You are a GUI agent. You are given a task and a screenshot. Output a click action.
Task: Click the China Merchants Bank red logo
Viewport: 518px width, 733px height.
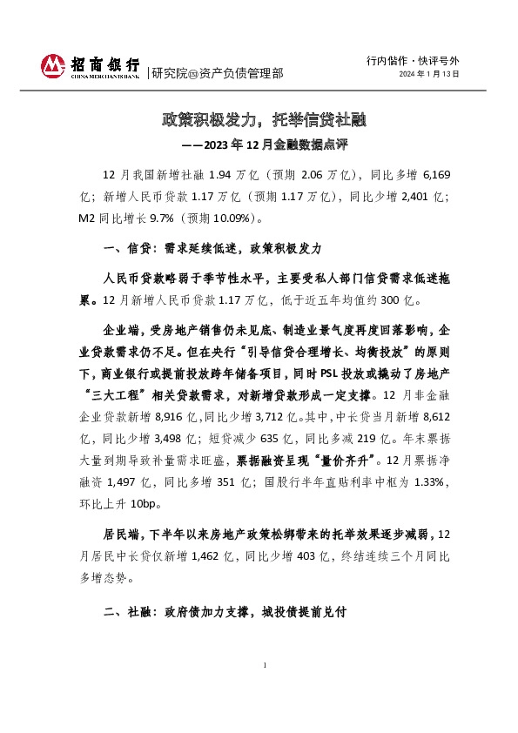pyautogui.click(x=52, y=64)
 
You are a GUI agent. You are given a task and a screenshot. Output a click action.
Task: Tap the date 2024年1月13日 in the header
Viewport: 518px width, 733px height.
pyautogui.click(x=429, y=74)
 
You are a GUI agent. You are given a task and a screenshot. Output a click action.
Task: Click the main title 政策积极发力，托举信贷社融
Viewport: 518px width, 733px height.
pyautogui.click(x=258, y=118)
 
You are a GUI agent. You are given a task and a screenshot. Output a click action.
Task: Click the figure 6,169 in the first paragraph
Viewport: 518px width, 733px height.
pyautogui.click(x=434, y=175)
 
